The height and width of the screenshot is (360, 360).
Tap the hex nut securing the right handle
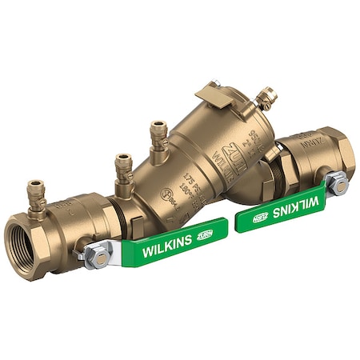(x=339, y=185)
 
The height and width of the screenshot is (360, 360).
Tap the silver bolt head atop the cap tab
(x=214, y=83)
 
